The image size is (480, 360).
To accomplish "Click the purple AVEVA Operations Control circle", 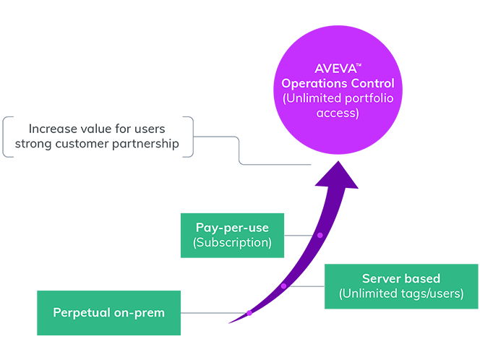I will [x=338, y=94].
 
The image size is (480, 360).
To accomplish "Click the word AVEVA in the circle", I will [x=335, y=69].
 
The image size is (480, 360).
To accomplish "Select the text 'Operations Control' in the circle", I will [x=338, y=84].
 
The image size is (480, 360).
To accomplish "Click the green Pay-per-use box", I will [x=232, y=235].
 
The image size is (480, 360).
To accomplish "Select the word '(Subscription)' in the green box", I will [x=232, y=243].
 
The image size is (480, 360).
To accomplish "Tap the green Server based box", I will [x=400, y=286].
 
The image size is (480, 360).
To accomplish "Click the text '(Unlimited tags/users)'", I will [x=400, y=294].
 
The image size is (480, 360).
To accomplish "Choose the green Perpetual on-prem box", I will [x=108, y=313].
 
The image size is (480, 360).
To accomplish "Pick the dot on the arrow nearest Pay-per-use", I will [x=319, y=235].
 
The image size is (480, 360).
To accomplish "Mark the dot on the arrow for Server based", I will [x=283, y=286].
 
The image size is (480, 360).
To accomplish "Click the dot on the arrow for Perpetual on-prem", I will [x=249, y=313].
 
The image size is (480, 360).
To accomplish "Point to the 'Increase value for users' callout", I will [x=98, y=137].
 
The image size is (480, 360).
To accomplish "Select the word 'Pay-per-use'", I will [x=232, y=227].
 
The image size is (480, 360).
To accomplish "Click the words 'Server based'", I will [x=400, y=278].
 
